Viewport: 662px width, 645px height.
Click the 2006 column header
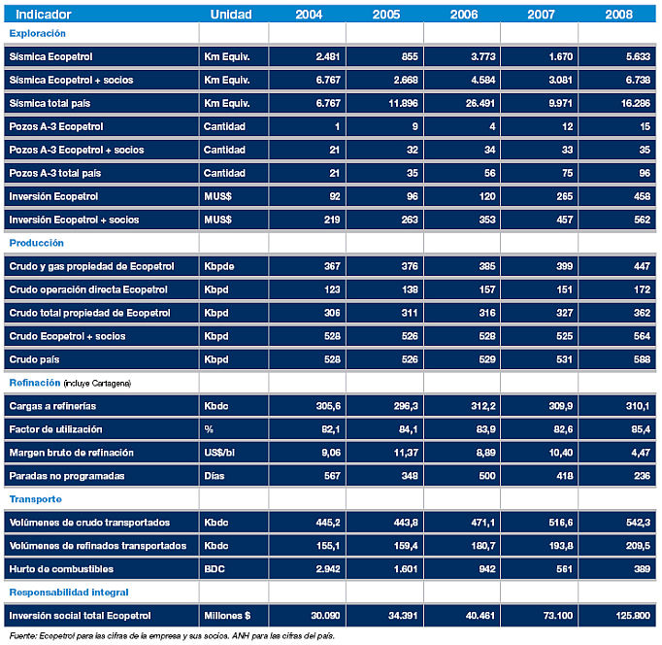pyautogui.click(x=464, y=15)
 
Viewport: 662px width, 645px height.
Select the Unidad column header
pyautogui.click(x=231, y=15)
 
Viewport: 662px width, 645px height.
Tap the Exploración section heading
pyautogui.click(x=38, y=33)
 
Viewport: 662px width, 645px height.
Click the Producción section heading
pyautogui.click(x=36, y=243)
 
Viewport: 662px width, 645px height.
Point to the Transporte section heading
pyautogui.click(x=36, y=499)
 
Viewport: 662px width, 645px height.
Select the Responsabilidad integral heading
pyautogui.click(x=69, y=593)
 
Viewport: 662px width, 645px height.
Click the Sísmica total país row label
pyautogui.click(x=50, y=103)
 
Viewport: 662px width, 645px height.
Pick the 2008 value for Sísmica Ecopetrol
pyautogui.click(x=638, y=56)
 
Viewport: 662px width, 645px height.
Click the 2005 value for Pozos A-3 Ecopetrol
pyautogui.click(x=415, y=126)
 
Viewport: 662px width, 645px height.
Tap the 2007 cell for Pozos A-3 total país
pyautogui.click(x=568, y=173)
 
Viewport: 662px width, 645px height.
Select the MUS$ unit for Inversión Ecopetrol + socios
pyautogui.click(x=217, y=220)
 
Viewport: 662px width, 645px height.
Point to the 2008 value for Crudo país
pyautogui.click(x=642, y=359)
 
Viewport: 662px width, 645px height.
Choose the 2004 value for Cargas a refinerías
pyautogui.click(x=328, y=406)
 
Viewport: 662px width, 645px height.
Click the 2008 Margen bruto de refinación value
pyautogui.click(x=641, y=453)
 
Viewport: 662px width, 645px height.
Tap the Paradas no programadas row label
pyautogui.click(x=67, y=476)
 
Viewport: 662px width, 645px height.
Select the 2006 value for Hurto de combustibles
pyautogui.click(x=487, y=569)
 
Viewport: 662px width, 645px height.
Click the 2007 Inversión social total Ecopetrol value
pyautogui.click(x=558, y=616)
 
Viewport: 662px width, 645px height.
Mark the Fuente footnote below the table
pyautogui.click(x=172, y=635)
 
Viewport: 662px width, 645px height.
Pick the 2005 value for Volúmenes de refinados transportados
pyautogui.click(x=406, y=546)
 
